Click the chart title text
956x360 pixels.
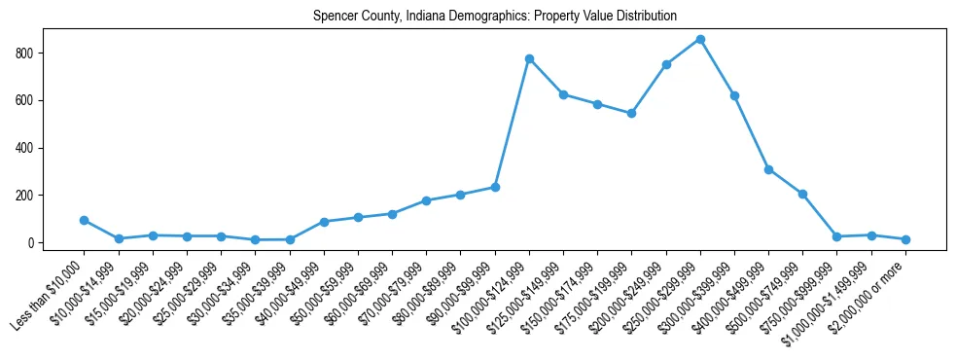click(x=495, y=17)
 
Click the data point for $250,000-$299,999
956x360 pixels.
click(x=700, y=40)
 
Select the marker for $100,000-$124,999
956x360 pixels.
click(x=529, y=58)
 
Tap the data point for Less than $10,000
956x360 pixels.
click(x=85, y=220)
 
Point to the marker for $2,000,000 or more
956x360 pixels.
click(x=905, y=239)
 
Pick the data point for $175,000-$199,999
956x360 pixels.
click(x=632, y=113)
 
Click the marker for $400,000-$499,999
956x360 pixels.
click(x=768, y=169)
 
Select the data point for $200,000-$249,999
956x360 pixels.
click(x=666, y=64)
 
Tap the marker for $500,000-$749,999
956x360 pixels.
click(x=802, y=194)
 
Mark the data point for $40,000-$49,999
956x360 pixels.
click(x=324, y=222)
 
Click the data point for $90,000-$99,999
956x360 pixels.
click(x=495, y=187)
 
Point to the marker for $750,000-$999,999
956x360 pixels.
click(x=837, y=236)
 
